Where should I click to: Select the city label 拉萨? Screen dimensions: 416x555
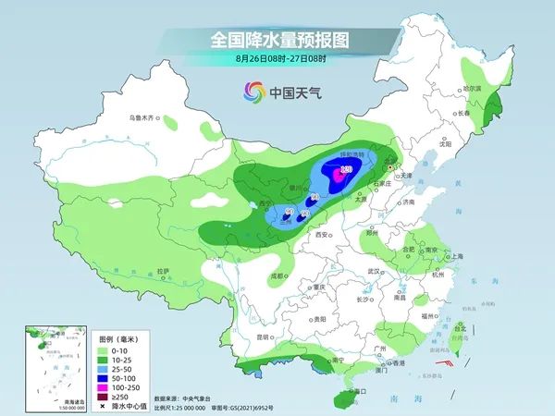coord(164,270)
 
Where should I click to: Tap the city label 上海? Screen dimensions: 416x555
coord(456,256)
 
